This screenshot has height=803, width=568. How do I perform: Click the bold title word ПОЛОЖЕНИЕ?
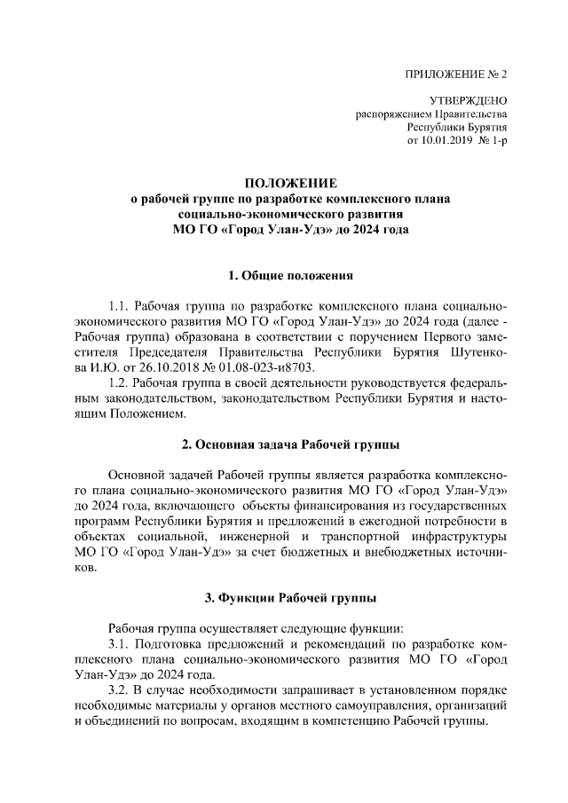click(x=283, y=183)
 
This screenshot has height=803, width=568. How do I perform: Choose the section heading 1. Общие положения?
click(x=283, y=275)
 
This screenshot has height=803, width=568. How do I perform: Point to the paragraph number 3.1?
click(x=119, y=642)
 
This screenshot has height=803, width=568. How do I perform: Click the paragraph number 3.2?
click(x=119, y=689)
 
